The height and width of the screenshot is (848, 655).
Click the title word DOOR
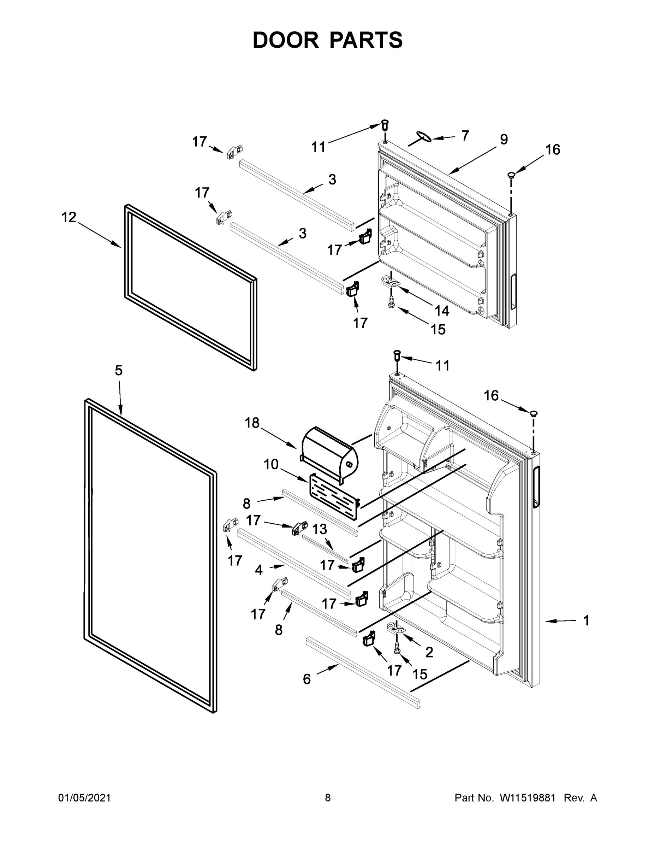286,40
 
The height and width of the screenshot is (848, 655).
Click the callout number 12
69,217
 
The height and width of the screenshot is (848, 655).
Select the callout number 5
119,370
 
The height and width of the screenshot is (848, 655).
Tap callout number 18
252,423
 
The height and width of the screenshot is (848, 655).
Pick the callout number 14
442,311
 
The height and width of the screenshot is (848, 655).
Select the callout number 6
306,679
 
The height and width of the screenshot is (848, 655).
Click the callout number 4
259,570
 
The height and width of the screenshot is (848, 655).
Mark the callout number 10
271,464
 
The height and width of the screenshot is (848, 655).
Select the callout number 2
429,652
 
